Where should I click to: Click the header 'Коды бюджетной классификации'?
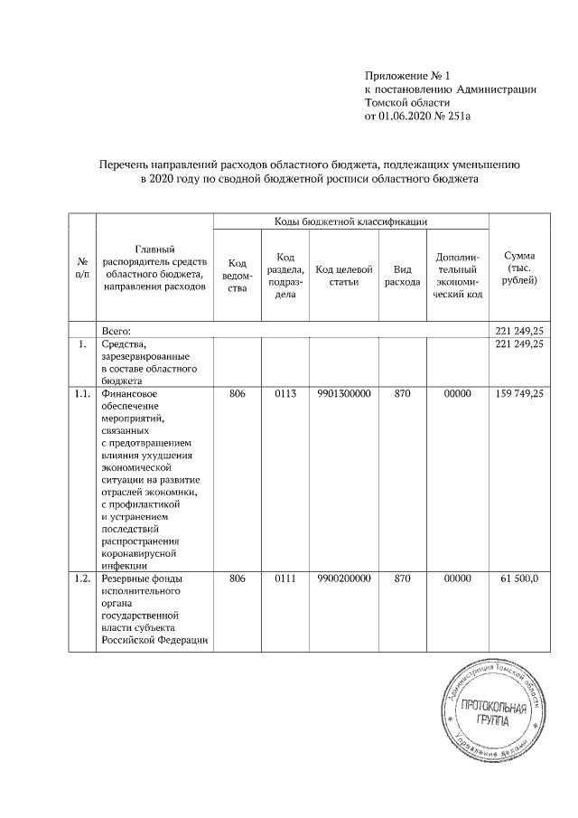coord(350,221)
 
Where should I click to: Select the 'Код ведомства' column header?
coord(238,276)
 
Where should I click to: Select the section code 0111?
coord(284,578)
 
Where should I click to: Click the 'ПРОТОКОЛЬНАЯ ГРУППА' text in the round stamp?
coord(493,714)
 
